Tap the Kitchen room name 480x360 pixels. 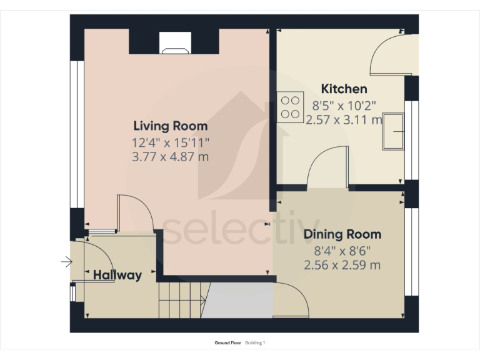pyautogui.click(x=344, y=89)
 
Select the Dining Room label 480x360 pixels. pyautogui.click(x=342, y=234)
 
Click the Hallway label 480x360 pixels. pyautogui.click(x=117, y=275)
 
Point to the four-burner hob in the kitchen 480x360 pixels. pyautogui.click(x=289, y=106)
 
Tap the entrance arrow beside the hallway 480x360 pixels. pyautogui.click(x=66, y=262)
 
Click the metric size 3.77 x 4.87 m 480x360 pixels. pyautogui.click(x=170, y=157)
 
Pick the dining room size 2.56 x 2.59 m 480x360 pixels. pyautogui.click(x=342, y=265)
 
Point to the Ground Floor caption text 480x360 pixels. pyautogui.click(x=227, y=343)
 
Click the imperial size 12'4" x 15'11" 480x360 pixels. pyautogui.click(x=170, y=142)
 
